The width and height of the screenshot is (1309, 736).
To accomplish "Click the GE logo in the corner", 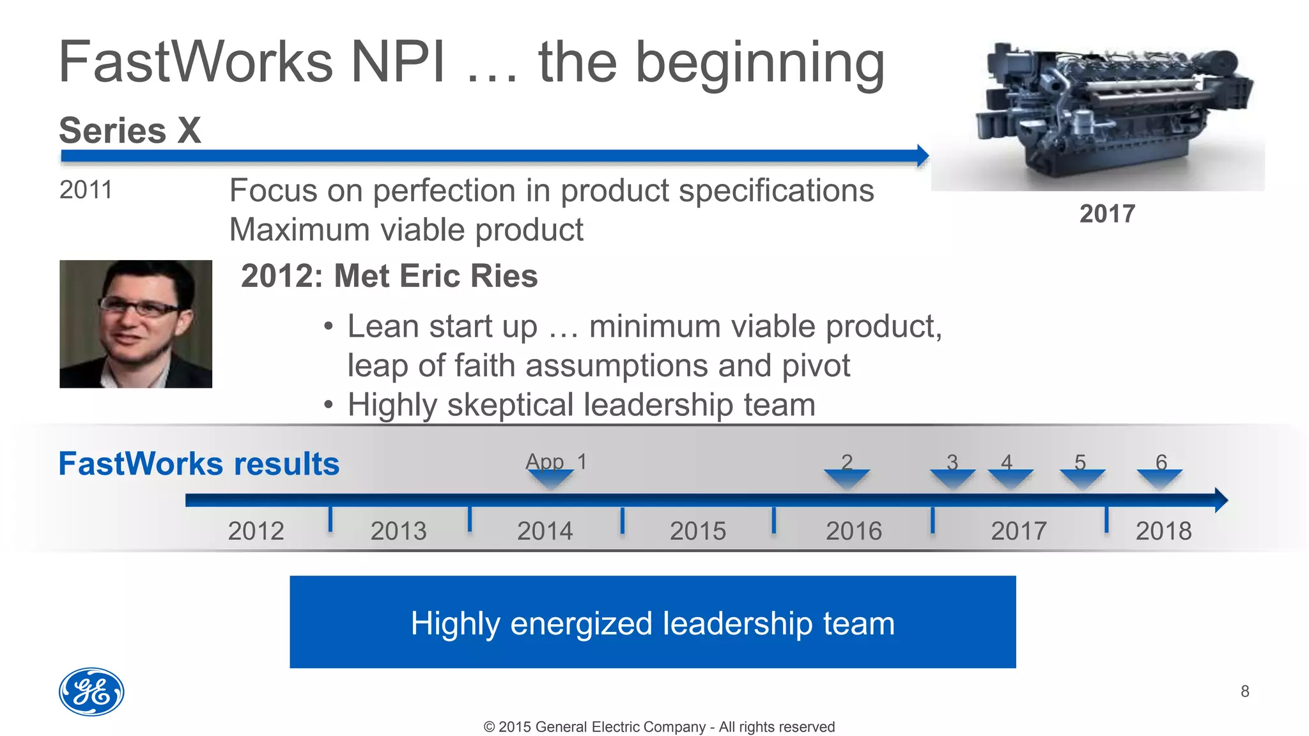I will pyautogui.click(x=91, y=692).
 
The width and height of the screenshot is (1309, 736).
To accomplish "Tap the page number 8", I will pyautogui.click(x=1244, y=691).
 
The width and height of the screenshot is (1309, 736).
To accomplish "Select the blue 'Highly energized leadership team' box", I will pyautogui.click(x=653, y=622).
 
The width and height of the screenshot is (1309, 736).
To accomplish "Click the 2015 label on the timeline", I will pyautogui.click(x=697, y=531).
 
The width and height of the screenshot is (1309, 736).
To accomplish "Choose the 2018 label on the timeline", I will pyautogui.click(x=1163, y=531).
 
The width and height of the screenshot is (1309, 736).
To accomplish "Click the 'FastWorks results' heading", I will pyautogui.click(x=199, y=464).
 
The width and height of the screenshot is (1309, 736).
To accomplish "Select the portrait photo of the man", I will pyautogui.click(x=136, y=324).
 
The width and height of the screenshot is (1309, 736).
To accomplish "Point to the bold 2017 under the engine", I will pyautogui.click(x=1107, y=213).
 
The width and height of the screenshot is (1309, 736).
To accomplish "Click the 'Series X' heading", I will pyautogui.click(x=130, y=130).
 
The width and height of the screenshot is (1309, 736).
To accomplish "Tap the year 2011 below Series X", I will pyautogui.click(x=86, y=190).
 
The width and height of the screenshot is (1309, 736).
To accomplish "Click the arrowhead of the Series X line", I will pyautogui.click(x=923, y=155).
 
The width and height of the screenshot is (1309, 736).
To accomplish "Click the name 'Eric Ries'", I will pyautogui.click(x=469, y=276).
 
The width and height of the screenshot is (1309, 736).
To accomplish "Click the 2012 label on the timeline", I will pyautogui.click(x=256, y=531).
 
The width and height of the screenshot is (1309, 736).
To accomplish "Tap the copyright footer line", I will pyautogui.click(x=659, y=726).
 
